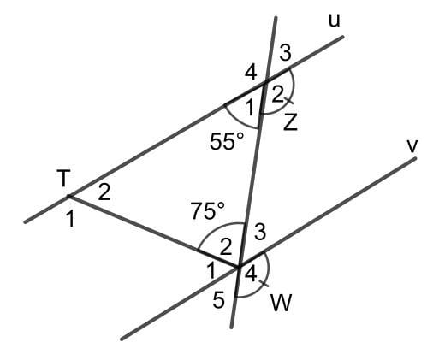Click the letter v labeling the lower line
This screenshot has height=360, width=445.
pos(412,145)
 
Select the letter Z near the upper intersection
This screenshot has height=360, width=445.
pos(291,122)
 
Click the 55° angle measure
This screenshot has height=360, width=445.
pos(227,141)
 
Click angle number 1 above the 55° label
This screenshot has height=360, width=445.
pos(250,106)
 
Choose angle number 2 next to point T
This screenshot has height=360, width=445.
pos(104,192)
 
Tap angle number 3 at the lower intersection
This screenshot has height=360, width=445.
pos(260,231)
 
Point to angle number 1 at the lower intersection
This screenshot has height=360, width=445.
pos(211,271)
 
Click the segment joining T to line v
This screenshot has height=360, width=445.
pos(154,231)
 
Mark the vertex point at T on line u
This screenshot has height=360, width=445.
pos(68,198)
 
